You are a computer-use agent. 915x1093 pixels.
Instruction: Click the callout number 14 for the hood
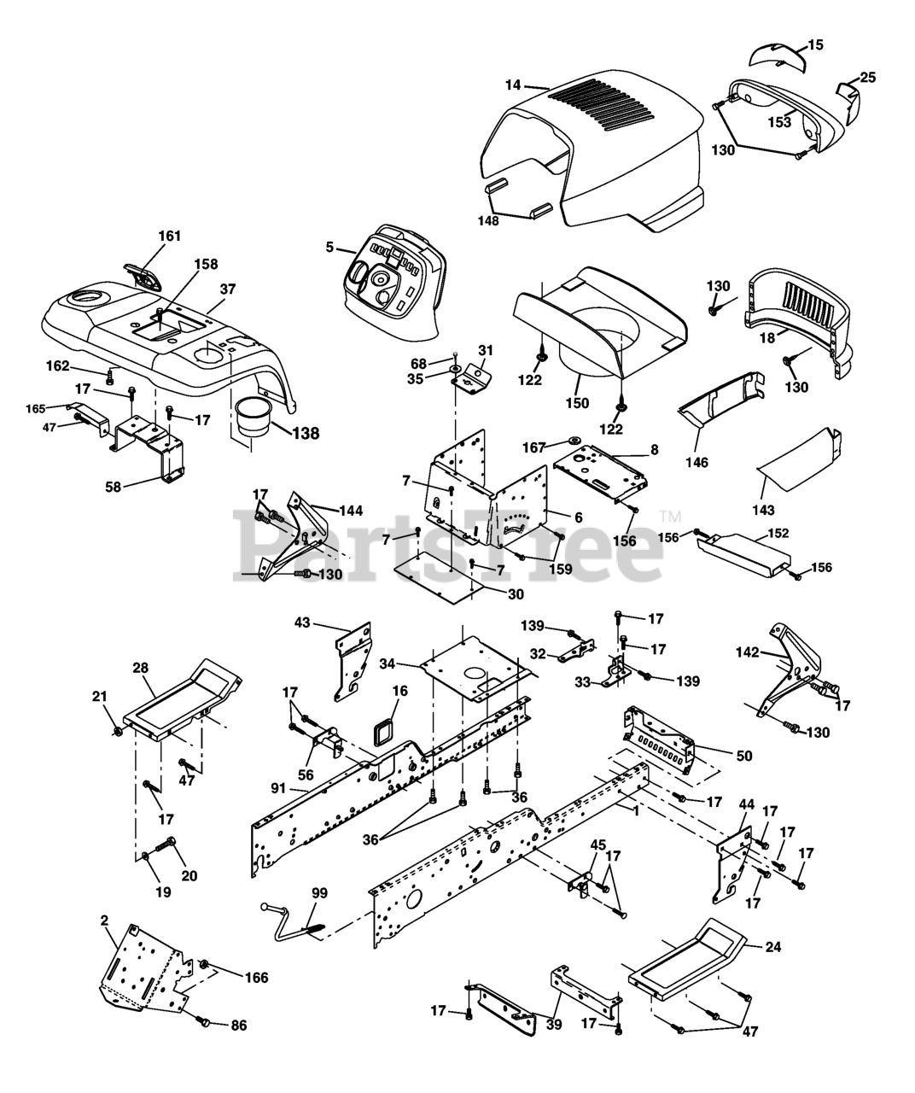pos(512,85)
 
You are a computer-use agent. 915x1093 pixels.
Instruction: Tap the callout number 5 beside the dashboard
pos(329,248)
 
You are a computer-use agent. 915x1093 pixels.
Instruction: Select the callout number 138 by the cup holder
pos(306,433)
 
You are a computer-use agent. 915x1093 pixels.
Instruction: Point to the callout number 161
pos(170,236)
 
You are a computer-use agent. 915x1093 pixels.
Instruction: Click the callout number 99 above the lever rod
pos(319,893)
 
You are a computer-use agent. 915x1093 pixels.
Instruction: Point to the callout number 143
pos(763,511)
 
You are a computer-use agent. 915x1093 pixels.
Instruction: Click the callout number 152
pos(778,533)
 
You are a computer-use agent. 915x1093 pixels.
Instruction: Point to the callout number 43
pos(302,622)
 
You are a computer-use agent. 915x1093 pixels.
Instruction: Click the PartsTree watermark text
pos(448,545)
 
